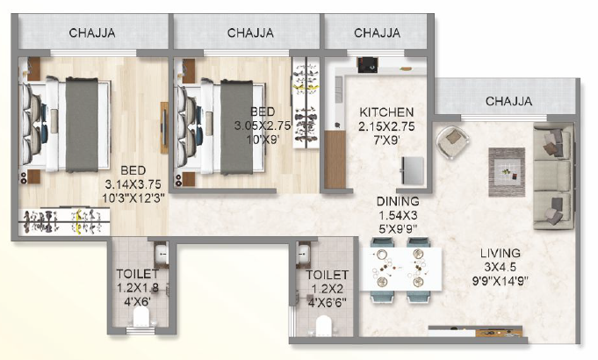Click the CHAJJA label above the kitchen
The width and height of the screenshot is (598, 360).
[377, 33]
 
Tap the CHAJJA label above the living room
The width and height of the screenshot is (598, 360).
[508, 101]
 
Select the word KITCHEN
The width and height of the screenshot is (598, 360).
[386, 112]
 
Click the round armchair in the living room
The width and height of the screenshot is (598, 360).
[453, 139]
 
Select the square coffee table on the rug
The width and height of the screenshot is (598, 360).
[507, 166]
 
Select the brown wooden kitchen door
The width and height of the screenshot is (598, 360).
[334, 159]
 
